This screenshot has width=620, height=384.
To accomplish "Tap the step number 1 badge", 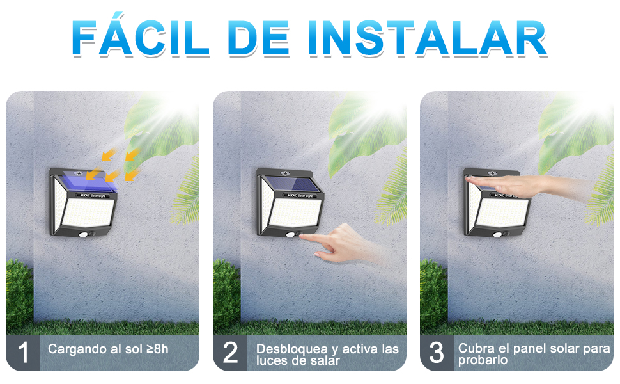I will pos(23,353).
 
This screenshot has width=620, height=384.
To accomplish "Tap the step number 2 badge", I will pos(230,353).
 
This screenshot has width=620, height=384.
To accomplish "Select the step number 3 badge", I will pos(437,353).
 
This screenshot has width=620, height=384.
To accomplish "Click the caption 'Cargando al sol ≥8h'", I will pos(108,349).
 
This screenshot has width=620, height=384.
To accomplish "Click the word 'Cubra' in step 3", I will pos(475,348).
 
